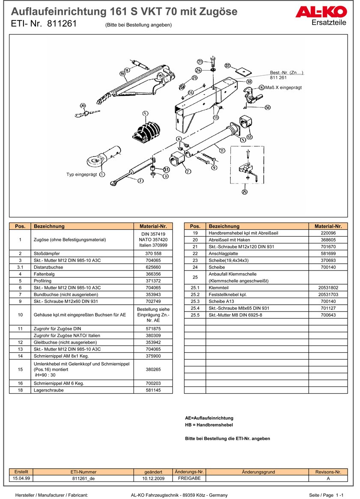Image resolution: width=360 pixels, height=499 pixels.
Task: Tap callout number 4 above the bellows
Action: [x=146, y=113]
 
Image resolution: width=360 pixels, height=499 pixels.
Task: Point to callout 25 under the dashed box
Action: [x=244, y=191]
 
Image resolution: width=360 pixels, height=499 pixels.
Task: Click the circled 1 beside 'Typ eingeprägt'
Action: [x=102, y=174]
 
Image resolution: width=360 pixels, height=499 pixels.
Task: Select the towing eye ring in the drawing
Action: [x=95, y=161]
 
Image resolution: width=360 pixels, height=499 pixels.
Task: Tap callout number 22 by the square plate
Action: [x=228, y=66]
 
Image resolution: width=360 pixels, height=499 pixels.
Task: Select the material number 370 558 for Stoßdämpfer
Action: [x=153, y=253]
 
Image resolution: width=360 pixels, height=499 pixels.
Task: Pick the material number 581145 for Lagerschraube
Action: [x=153, y=390]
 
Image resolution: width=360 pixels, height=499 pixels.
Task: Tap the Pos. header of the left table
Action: [x=20, y=226]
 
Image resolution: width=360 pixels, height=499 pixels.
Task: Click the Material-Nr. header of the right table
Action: [x=328, y=226]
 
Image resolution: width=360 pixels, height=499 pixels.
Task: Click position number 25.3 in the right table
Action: [x=195, y=301]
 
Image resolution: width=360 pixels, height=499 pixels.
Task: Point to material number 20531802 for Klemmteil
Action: [x=328, y=288]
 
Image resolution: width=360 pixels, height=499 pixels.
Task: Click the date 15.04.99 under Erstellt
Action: [x=21, y=478]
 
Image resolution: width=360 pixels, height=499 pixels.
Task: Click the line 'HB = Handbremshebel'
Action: [x=209, y=425]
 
